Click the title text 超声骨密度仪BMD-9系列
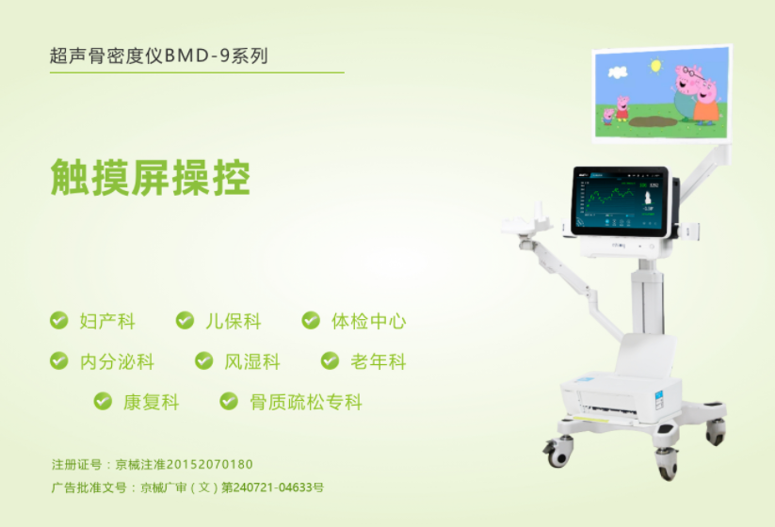(158, 56)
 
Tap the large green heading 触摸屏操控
(151, 178)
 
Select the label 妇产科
(107, 321)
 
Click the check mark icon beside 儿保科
(185, 320)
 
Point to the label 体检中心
(369, 321)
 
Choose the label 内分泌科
(117, 361)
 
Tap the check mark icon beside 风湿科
(203, 360)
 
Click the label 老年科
(379, 361)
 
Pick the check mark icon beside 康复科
(103, 401)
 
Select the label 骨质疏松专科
(306, 402)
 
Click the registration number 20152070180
(210, 464)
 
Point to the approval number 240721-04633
(272, 487)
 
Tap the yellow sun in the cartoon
(656, 66)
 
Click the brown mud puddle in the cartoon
(653, 121)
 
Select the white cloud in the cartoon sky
(618, 72)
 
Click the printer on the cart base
(622, 396)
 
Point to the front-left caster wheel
(558, 451)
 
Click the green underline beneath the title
(197, 72)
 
